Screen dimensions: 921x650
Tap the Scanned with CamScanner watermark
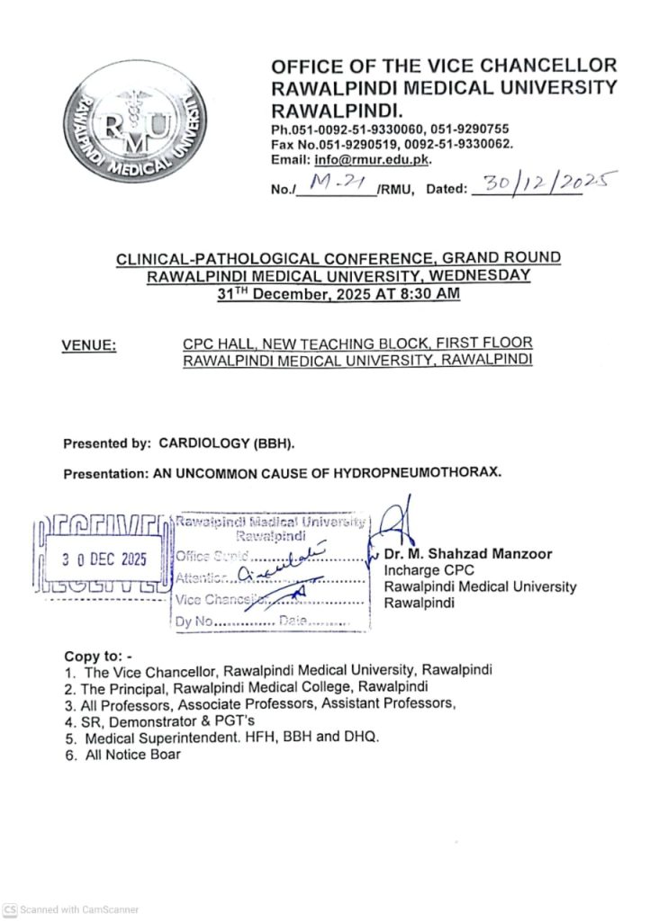click(71, 909)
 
